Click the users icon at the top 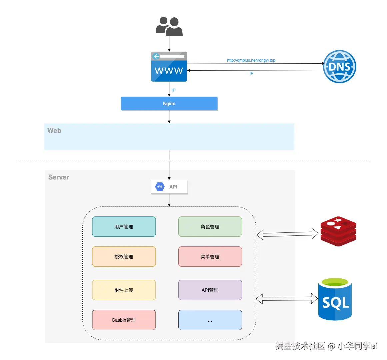pos(169,26)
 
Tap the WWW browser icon pos(169,67)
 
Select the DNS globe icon pos(339,67)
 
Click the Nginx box pos(169,104)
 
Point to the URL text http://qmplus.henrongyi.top pos(251,60)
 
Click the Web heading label pos(54,131)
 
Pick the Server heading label pos(59,177)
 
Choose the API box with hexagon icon pos(169,187)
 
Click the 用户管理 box pos(124,227)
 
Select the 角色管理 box pos(210,227)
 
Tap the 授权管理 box pos(124,257)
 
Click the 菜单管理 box pos(210,257)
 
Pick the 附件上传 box pos(124,290)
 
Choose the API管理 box pos(210,290)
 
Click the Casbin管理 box pos(124,320)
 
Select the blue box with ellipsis pos(210,320)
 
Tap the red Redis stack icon pos(338,231)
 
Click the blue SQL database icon pos(335,299)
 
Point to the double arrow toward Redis pos(287,234)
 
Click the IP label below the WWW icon pos(173,90)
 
